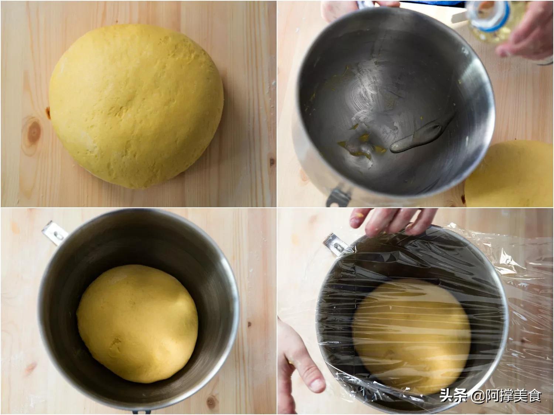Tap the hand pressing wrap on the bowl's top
pos(393,221)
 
